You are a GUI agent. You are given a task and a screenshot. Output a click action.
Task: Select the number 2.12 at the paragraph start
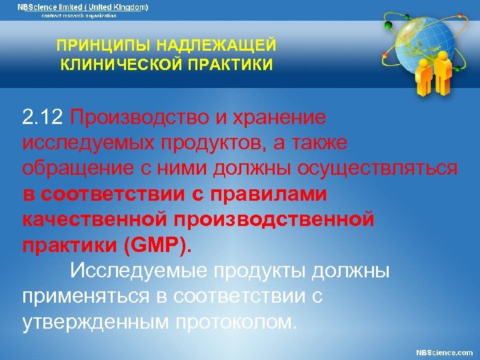pyautogui.click(x=43, y=118)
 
